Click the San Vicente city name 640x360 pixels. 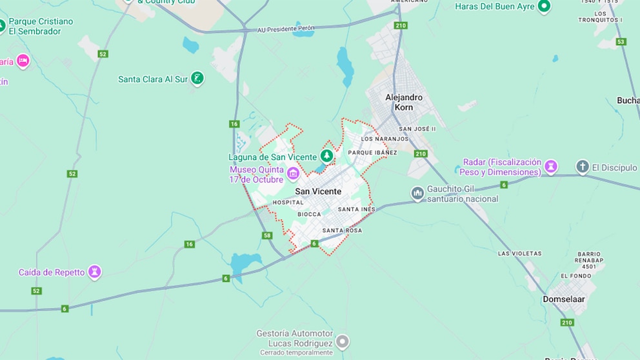tap(318, 192)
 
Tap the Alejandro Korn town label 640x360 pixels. tap(404, 102)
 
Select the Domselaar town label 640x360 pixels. tap(564, 299)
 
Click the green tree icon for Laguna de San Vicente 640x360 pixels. tap(328, 155)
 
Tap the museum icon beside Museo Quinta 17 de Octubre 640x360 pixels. tap(293, 173)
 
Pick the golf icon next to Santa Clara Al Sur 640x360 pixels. tap(197, 79)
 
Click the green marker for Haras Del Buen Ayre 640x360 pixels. tap(544, 6)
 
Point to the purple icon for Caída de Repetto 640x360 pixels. tap(95, 272)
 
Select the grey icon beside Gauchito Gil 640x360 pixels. tap(418, 193)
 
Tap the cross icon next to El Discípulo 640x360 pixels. tap(583, 167)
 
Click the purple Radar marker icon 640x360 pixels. tap(551, 167)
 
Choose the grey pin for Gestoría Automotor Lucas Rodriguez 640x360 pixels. tap(343, 341)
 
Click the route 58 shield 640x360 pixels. tap(268, 235)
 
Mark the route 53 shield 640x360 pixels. tap(621, 41)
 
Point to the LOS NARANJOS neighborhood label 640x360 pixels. tap(385, 139)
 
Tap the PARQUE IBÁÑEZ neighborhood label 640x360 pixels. tap(372, 153)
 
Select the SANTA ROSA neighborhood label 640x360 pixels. tap(342, 230)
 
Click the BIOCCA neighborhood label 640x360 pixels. tap(309, 214)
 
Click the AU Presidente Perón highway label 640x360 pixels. tap(286, 29)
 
